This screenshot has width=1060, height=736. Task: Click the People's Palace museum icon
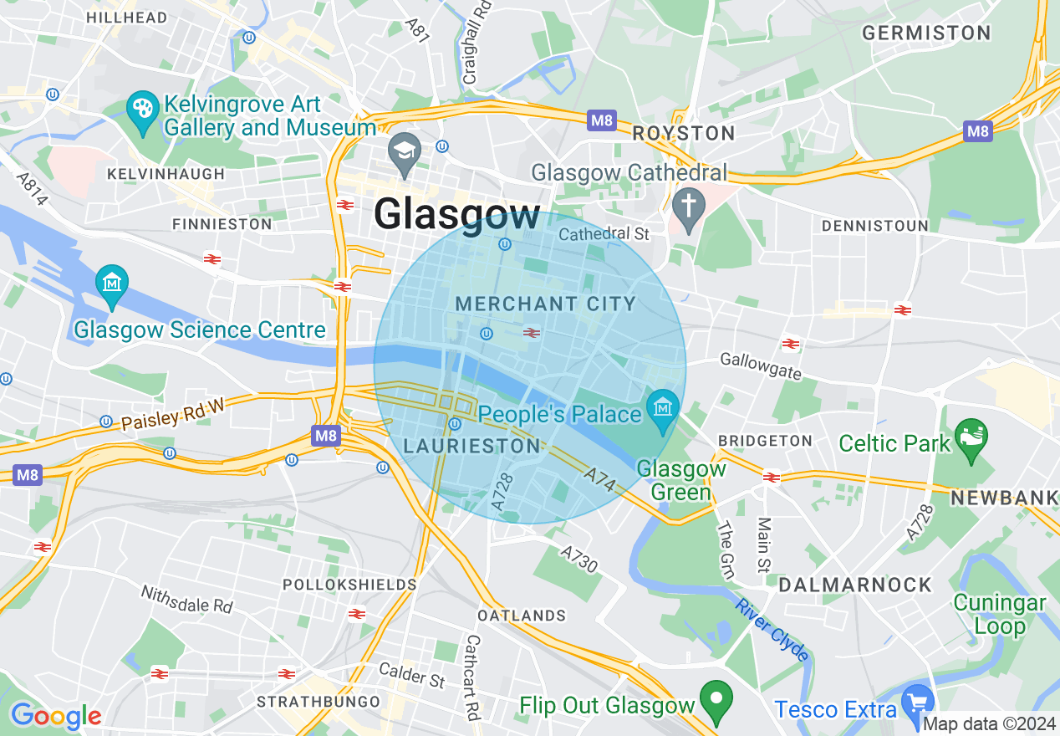coord(663,409)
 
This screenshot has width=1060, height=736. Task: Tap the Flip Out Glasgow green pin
coord(716,700)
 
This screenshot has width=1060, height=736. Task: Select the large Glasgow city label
coord(457,214)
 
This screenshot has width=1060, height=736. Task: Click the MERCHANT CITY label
coord(546,304)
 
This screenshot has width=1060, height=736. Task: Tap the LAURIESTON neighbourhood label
coord(472,447)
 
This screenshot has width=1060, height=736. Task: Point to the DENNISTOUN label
coord(874,226)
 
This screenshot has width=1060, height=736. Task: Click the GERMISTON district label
coord(926,33)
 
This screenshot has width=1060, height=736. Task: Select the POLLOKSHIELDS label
coord(349,584)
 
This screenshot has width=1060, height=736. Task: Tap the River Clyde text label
coord(772,629)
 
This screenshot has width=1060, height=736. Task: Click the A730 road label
coord(579,560)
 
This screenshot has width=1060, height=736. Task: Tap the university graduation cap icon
coord(405,154)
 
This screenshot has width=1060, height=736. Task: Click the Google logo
coord(56,716)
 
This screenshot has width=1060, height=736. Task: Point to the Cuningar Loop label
coord(1000,615)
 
